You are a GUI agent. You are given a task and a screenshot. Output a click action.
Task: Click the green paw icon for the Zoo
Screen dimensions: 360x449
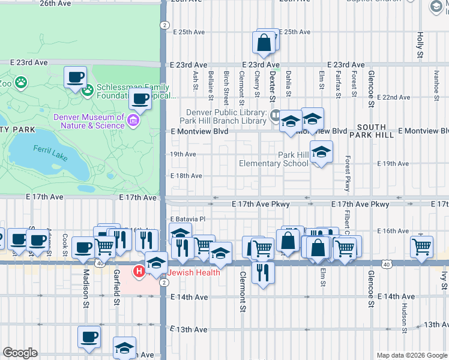pyautogui.click(x=21, y=82)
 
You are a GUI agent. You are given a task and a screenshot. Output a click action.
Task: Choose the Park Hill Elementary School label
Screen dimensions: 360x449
pyautogui.click(x=274, y=159)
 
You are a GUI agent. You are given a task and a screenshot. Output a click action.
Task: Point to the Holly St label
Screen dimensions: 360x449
pyautogui.click(x=420, y=46)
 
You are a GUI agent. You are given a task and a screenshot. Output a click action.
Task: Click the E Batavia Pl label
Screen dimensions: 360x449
pyautogui.click(x=188, y=220)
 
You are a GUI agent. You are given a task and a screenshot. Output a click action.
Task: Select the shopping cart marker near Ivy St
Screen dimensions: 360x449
pyautogui.click(x=422, y=245)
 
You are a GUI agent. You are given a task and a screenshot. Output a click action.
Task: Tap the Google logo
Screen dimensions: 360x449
pyautogui.click(x=20, y=353)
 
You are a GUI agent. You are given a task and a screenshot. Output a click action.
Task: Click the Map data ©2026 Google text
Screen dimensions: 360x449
pyautogui.click(x=412, y=355)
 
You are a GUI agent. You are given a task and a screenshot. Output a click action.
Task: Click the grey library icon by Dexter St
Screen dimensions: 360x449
pyautogui.click(x=275, y=114)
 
